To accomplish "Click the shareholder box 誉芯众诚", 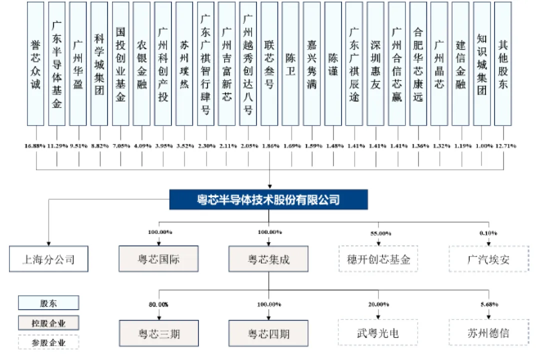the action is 35,63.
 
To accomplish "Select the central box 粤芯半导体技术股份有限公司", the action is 268,200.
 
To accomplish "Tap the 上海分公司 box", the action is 48,259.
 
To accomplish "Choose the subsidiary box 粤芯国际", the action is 158,259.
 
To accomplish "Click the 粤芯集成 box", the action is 268,259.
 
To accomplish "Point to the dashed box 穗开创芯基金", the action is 378,259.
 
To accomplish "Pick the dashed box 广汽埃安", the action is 488,259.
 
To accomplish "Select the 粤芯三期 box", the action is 158,332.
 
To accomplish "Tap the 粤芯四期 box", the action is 268,332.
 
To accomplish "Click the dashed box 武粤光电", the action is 378,332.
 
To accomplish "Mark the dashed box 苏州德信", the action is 488,332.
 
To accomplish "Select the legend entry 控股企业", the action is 48,322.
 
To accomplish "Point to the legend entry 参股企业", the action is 48,342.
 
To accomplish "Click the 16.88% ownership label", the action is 34,146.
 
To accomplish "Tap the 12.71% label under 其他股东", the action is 504,146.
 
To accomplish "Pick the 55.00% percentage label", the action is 378,233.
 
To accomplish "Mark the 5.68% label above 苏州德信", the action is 488,304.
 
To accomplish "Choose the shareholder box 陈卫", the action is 290,63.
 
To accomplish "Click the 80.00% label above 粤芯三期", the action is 158,304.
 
